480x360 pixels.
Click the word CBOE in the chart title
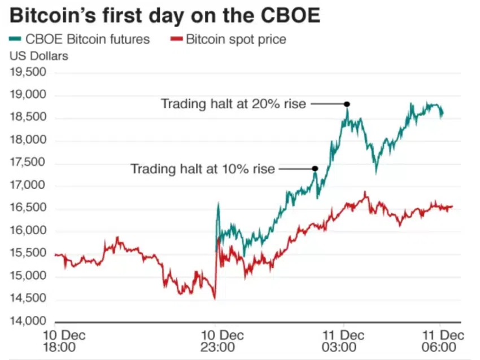(x=286, y=15)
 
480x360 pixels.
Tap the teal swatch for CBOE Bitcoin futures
(x=16, y=39)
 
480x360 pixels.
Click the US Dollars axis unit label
(x=38, y=56)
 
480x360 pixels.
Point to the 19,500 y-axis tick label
(x=28, y=73)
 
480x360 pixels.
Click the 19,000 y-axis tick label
(x=28, y=95)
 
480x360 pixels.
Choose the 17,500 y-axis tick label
(x=28, y=163)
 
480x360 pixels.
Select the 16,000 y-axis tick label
(x=28, y=231)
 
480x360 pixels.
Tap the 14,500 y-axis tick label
(x=28, y=299)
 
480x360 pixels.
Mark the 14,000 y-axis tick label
(x=28, y=322)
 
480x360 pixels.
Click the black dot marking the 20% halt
(x=347, y=104)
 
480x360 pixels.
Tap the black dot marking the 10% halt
(x=315, y=168)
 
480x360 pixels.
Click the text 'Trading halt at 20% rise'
(x=233, y=104)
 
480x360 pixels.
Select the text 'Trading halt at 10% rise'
(x=202, y=169)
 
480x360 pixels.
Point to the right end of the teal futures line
(x=442, y=113)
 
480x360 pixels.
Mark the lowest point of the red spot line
(x=214, y=298)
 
